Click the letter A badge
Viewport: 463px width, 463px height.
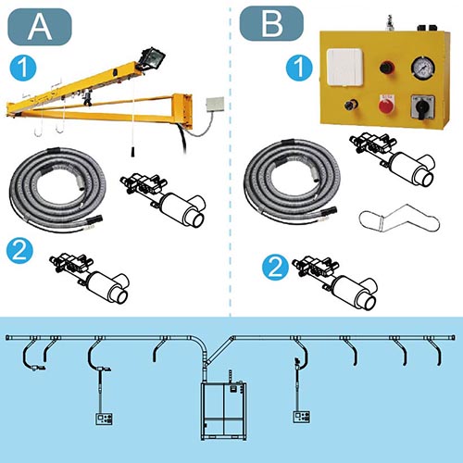39,27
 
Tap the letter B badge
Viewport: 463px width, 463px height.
271,23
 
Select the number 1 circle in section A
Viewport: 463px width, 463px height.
23,68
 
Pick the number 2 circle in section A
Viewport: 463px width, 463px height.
19,250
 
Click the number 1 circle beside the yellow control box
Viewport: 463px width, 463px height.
299,68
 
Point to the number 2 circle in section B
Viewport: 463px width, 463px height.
276,268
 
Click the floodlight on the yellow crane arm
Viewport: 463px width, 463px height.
151,58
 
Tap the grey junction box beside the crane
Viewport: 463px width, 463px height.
216,106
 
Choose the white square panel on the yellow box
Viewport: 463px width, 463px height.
345,67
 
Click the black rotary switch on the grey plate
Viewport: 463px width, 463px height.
423,106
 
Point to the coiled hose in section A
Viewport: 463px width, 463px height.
57,189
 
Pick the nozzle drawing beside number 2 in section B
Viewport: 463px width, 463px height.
335,283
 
